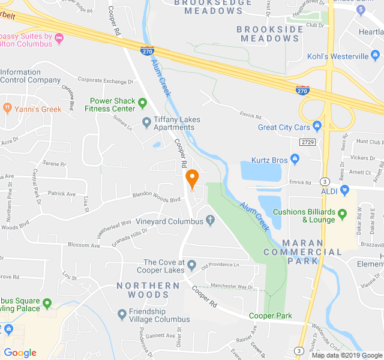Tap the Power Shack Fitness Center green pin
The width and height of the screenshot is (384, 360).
(142, 104)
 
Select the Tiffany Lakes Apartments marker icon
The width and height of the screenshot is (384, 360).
(146, 123)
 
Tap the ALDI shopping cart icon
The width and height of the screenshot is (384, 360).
(344, 190)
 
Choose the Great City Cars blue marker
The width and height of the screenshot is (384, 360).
(317, 125)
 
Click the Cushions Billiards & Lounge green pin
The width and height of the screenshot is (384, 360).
(342, 214)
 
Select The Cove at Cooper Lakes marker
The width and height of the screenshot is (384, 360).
(191, 265)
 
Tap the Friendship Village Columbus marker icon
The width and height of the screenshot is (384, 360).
(122, 313)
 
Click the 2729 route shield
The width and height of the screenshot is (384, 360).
(308, 141)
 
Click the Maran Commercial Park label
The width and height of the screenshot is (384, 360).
(311, 251)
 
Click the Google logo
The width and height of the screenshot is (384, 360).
(20, 353)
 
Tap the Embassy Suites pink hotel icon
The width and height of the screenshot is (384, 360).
(58, 38)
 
